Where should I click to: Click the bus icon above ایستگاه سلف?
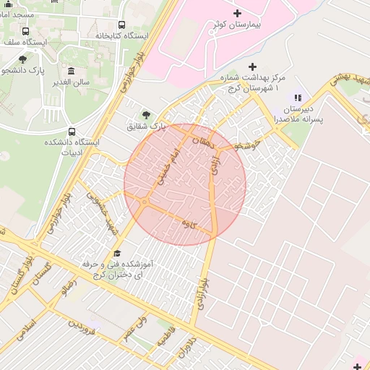(26, 31)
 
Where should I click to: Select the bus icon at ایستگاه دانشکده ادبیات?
(71, 132)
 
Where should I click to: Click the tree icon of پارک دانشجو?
(22, 59)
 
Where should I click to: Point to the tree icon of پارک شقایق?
(147, 114)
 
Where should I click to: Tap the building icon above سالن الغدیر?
(71, 71)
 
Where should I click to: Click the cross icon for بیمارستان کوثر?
(238, 13)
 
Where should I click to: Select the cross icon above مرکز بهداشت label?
(251, 66)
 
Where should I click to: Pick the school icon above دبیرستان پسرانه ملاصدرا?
(296, 98)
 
